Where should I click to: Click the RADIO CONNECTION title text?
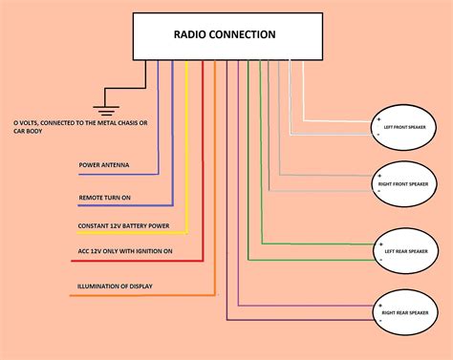[225, 35]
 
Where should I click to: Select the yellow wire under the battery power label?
[134, 235]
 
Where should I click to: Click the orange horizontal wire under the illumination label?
[134, 295]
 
